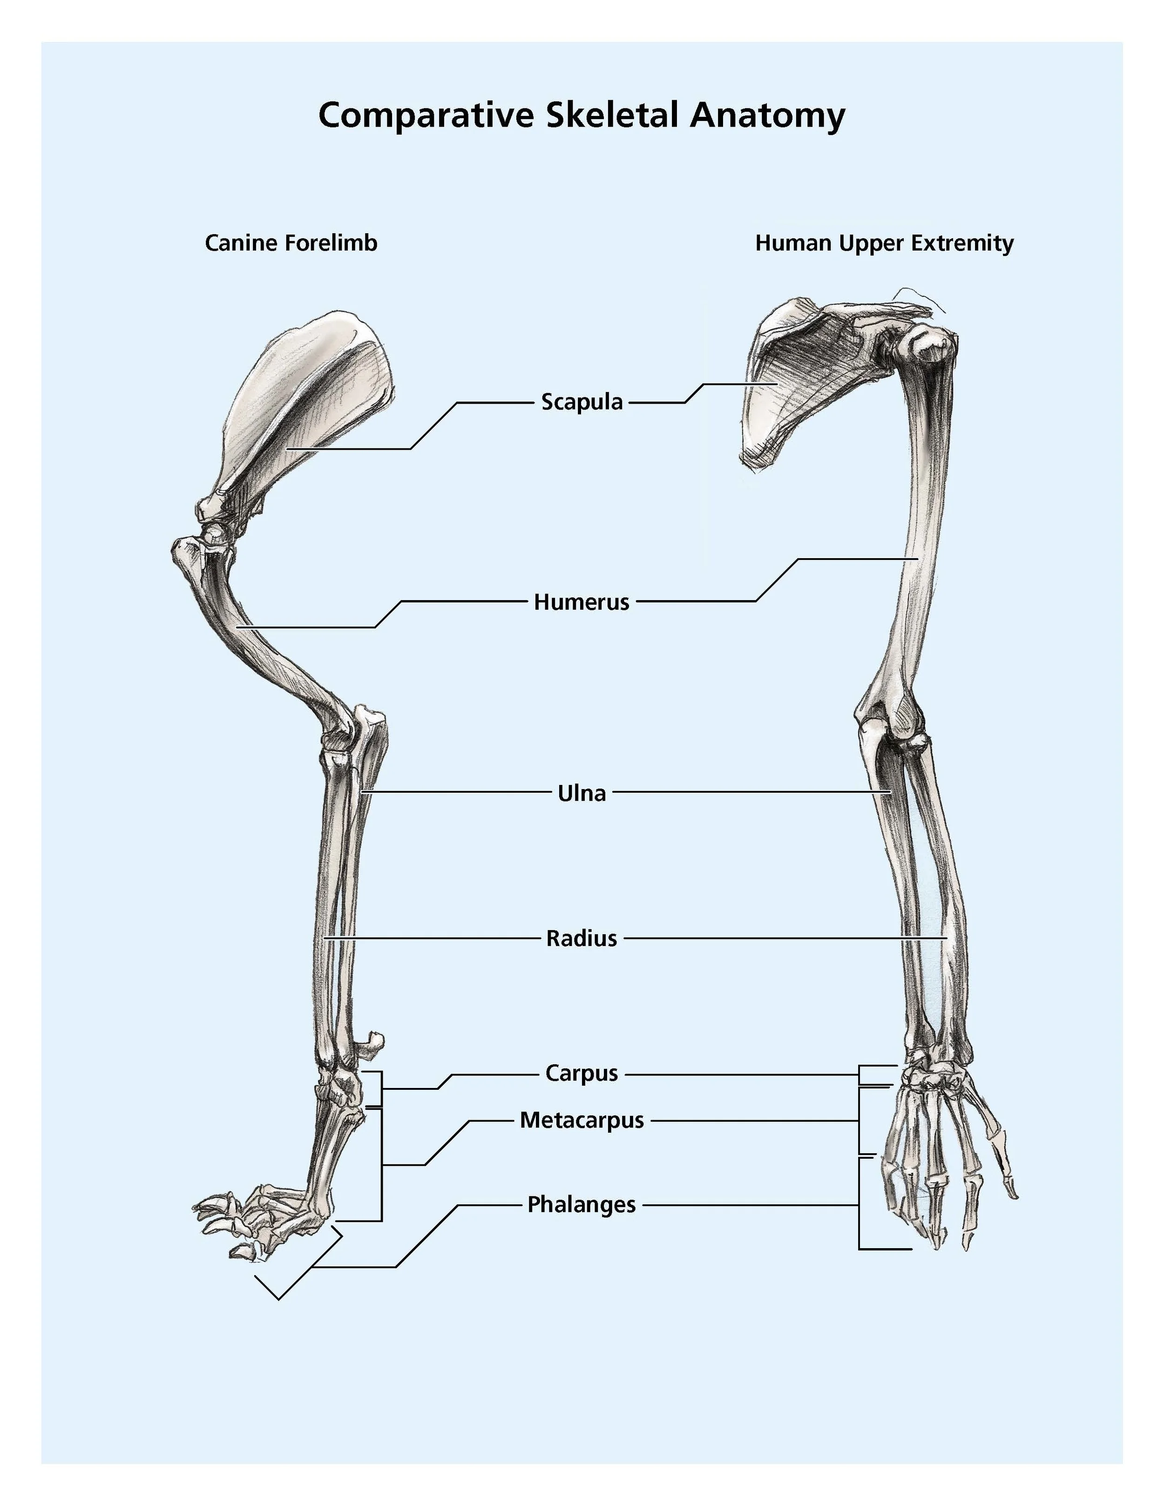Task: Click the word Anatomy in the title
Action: (767, 115)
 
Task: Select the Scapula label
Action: (582, 401)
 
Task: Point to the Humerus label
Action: (582, 602)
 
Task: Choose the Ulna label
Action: (582, 793)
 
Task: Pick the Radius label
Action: (582, 939)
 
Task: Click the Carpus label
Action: (582, 1074)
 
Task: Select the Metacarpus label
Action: (582, 1121)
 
